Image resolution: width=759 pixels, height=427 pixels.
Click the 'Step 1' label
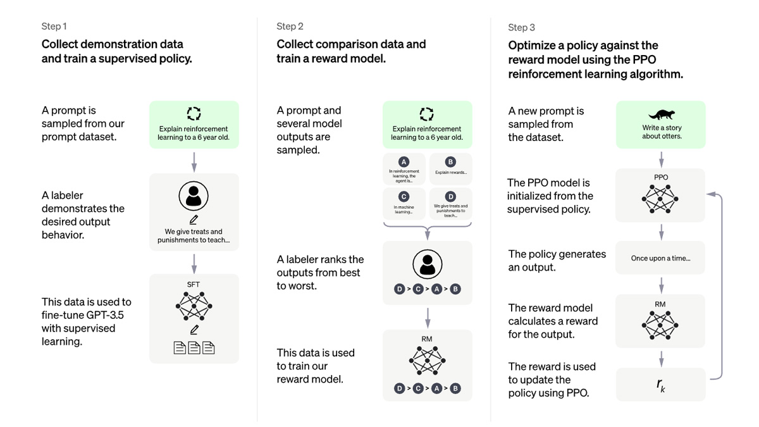point(54,27)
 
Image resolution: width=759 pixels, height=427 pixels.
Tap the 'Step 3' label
point(521,27)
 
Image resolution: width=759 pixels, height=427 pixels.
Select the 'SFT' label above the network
point(194,285)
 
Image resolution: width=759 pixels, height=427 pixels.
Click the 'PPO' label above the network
point(661,178)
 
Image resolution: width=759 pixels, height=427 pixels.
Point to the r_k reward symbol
point(661,384)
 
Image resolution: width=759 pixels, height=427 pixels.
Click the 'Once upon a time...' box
point(661,258)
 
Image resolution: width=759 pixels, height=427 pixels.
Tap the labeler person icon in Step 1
point(194,197)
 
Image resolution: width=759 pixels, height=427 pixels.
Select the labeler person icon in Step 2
point(428,264)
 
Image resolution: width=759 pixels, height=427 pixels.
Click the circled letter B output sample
point(450,162)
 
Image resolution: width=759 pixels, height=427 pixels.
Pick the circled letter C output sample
point(404,197)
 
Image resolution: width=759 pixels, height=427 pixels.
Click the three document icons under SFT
point(194,347)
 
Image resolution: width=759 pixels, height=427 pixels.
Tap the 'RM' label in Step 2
point(427,340)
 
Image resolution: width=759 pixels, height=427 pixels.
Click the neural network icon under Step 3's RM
point(661,325)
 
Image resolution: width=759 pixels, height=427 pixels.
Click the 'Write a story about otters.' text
point(661,132)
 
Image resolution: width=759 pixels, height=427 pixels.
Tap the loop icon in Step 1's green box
point(194,113)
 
